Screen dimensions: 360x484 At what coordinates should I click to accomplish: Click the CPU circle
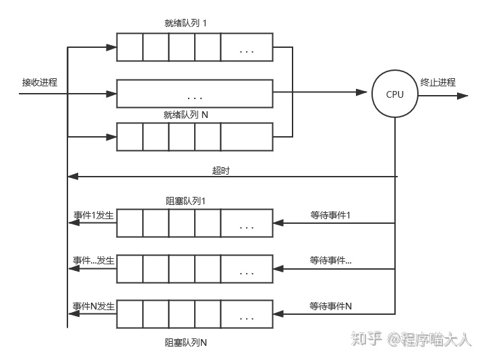click(x=395, y=94)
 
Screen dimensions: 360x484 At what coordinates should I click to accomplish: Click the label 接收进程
click(x=39, y=82)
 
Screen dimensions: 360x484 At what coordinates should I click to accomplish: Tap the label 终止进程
click(x=438, y=82)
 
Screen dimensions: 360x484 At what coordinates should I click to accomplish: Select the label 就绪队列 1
click(x=185, y=22)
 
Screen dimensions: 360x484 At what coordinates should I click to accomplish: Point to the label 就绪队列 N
click(x=186, y=115)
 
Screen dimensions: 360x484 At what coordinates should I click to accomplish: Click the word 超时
click(x=221, y=171)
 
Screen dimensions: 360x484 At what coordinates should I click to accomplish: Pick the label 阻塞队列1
click(x=185, y=201)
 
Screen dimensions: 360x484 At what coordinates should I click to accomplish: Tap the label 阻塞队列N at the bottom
click(x=186, y=342)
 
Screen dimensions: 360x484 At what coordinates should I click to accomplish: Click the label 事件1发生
click(x=94, y=215)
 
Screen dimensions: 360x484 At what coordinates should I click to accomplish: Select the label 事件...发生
click(x=94, y=260)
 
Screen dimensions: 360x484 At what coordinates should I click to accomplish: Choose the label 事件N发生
click(x=94, y=306)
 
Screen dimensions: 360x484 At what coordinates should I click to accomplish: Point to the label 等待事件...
click(x=331, y=260)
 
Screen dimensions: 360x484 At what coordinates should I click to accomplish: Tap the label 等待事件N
click(x=331, y=306)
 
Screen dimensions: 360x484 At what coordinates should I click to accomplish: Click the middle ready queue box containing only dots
click(x=195, y=94)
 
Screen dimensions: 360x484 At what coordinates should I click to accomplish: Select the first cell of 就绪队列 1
click(x=129, y=47)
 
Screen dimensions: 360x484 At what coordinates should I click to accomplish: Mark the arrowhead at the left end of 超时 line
click(x=73, y=177)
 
